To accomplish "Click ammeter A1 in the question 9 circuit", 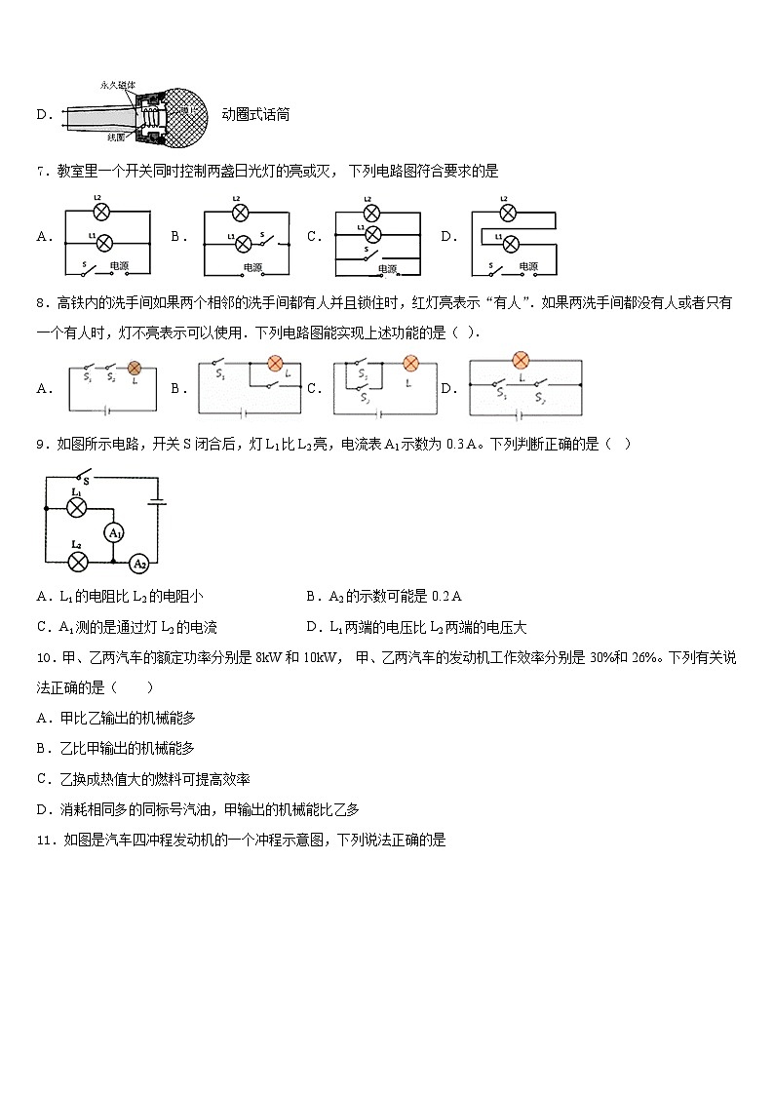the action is tap(114, 532).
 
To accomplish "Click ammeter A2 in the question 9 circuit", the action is tap(139, 563).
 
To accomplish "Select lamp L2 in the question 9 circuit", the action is tap(76, 562).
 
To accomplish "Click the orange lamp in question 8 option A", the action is tap(135, 369).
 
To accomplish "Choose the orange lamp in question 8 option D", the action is tap(521, 361).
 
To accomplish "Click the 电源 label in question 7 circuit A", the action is tap(119, 265).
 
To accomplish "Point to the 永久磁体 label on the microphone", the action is tap(118, 86).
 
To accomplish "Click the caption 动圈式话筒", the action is tap(255, 115).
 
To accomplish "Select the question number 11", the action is tap(43, 840).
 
